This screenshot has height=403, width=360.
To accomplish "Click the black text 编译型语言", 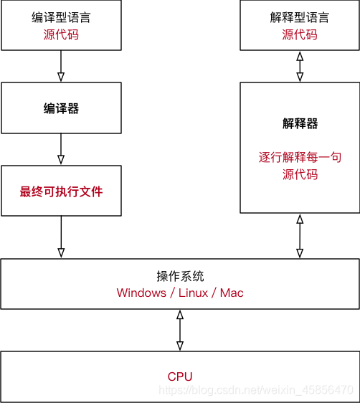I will (61, 17).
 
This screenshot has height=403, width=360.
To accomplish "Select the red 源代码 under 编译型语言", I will (61, 34).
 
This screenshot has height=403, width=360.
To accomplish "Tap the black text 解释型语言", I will (299, 17).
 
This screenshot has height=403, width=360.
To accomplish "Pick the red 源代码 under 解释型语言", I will (299, 34).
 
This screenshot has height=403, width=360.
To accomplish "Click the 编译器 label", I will (61, 109).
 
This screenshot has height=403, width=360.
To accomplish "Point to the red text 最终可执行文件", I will (61, 191).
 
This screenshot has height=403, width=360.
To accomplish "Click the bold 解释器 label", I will (299, 123).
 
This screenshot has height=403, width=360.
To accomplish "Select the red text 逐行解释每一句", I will (299, 157).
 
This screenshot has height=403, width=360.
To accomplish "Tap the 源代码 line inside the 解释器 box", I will (299, 174).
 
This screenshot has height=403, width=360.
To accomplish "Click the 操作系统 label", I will (180, 276).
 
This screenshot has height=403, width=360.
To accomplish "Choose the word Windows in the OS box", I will (141, 293).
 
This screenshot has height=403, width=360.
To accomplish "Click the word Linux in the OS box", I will (193, 293).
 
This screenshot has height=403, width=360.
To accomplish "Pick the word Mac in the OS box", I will (232, 293).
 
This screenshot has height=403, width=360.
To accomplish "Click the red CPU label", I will (180, 376).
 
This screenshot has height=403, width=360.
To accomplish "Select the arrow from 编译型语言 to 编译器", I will (61, 66).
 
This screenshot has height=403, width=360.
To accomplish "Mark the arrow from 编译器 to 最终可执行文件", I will (61, 149).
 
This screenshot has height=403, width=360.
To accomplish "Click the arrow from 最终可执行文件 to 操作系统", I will (61, 237).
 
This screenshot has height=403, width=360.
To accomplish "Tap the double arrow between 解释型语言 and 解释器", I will (299, 66).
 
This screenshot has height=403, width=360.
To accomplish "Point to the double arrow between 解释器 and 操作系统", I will (299, 236).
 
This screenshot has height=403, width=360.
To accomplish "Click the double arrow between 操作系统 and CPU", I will (180, 330).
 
